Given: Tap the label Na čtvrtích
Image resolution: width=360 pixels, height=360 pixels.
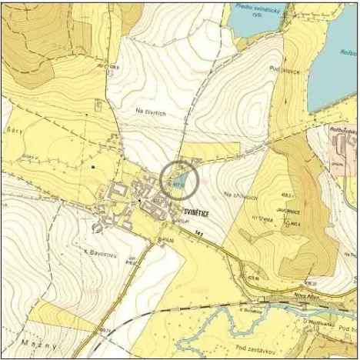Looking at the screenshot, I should pyautogui.click(x=152, y=112).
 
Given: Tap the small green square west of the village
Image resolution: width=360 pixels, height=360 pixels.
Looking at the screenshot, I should pyautogui.click(x=92, y=166).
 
